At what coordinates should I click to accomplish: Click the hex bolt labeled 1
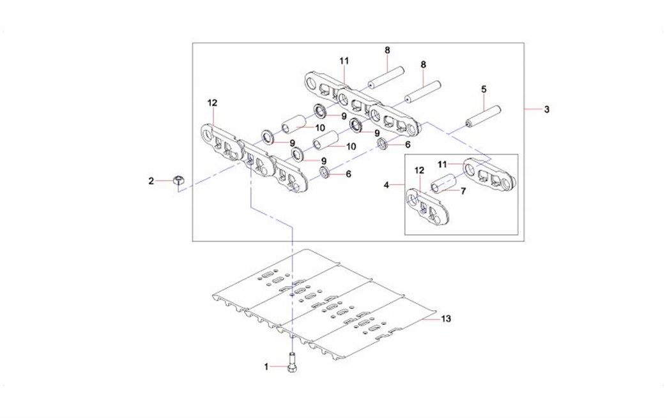tap(292, 366)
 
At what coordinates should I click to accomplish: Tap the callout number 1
tap(266, 366)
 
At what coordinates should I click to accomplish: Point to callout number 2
tap(151, 181)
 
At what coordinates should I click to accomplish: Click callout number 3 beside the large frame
tap(547, 110)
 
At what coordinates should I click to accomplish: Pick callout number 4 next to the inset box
tap(386, 185)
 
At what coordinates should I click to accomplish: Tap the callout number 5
tap(484, 89)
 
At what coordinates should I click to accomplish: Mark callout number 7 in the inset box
tap(464, 190)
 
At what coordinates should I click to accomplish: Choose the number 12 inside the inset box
tap(419, 171)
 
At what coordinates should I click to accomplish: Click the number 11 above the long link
tap(344, 61)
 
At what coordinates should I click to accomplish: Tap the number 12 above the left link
tap(212, 102)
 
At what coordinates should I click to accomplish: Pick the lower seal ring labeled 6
tap(325, 173)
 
